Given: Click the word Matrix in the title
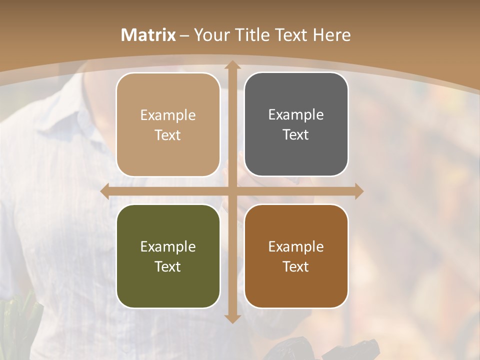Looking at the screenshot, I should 148,35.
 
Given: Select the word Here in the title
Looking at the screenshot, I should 332,35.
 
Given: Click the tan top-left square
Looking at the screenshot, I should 168,124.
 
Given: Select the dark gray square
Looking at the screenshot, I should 296,124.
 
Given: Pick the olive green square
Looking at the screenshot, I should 168,256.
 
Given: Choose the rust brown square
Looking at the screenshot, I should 296,256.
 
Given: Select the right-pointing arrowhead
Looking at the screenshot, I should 358,191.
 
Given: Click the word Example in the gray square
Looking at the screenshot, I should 296,114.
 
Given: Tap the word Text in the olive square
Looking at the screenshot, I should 168,266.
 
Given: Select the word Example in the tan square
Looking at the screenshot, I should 168,115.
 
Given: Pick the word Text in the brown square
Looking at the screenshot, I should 296,266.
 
